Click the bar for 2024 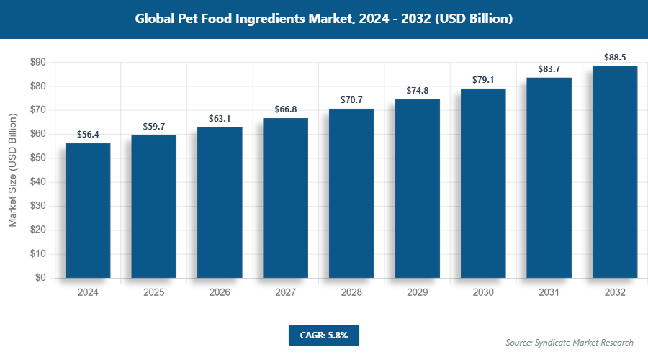88,210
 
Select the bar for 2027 285,198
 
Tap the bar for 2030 483,183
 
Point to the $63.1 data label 220,118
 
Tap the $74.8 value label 417,90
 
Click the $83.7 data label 549,69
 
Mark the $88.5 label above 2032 615,57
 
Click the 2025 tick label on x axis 153,293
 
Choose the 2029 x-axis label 417,293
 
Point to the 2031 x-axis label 549,293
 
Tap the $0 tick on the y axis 40,278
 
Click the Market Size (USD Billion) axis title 12,170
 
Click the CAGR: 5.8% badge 323,336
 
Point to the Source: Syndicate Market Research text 569,343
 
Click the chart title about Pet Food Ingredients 324,19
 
